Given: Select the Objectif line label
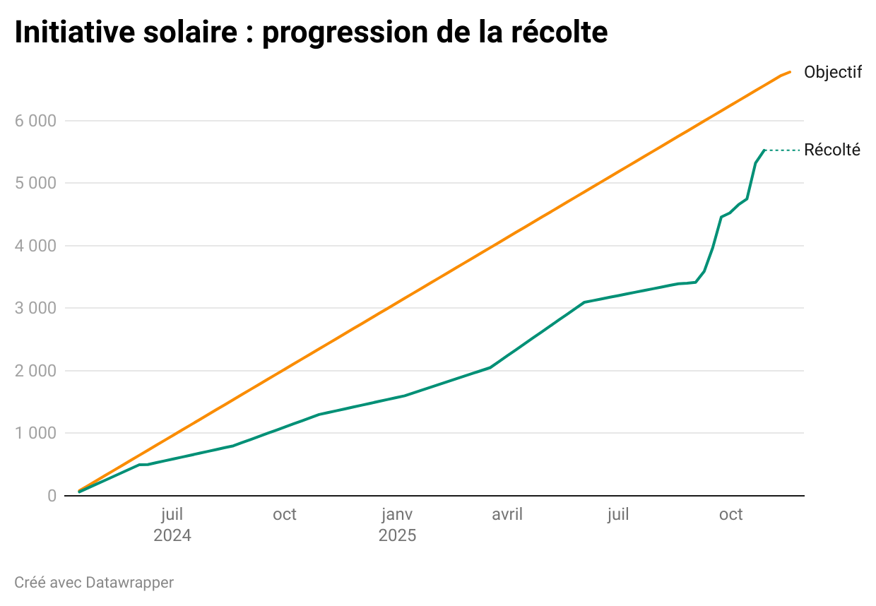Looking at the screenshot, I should click(x=833, y=72).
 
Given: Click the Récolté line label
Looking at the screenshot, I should click(x=832, y=150).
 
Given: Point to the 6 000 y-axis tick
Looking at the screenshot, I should click(x=35, y=121).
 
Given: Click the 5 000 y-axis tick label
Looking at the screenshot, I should click(x=35, y=183).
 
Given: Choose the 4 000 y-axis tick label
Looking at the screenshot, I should click(x=35, y=246).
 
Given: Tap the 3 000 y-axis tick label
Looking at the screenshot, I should click(x=35, y=308).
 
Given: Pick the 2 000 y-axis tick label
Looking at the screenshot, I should click(x=35, y=371).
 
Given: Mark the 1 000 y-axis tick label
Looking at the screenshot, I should click(x=35, y=433).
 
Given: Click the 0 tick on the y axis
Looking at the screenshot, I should click(x=52, y=496).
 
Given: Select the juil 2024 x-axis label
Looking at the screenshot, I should click(x=172, y=525).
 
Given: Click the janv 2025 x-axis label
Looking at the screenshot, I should click(x=397, y=525).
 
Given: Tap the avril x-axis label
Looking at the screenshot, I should click(x=507, y=514).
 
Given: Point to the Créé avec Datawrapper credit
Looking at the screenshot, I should click(x=94, y=583).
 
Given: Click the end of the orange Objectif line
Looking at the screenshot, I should click(x=790, y=71).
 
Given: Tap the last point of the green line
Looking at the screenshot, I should click(x=764, y=150).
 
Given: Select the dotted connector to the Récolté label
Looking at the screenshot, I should click(x=783, y=150).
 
